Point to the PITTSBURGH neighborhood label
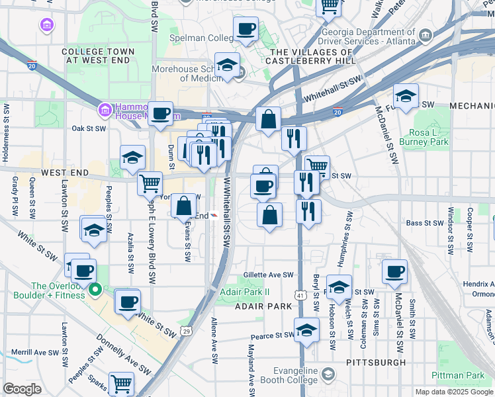(x=376, y=363)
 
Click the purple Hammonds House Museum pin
(x=104, y=109)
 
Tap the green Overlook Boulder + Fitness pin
(x=95, y=288)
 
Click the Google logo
(x=22, y=389)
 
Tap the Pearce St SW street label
(x=271, y=336)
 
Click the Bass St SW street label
(x=424, y=223)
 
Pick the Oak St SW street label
(x=89, y=128)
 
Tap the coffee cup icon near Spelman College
(x=246, y=28)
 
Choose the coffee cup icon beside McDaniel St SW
(x=395, y=271)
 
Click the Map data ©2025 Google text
(x=454, y=392)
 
